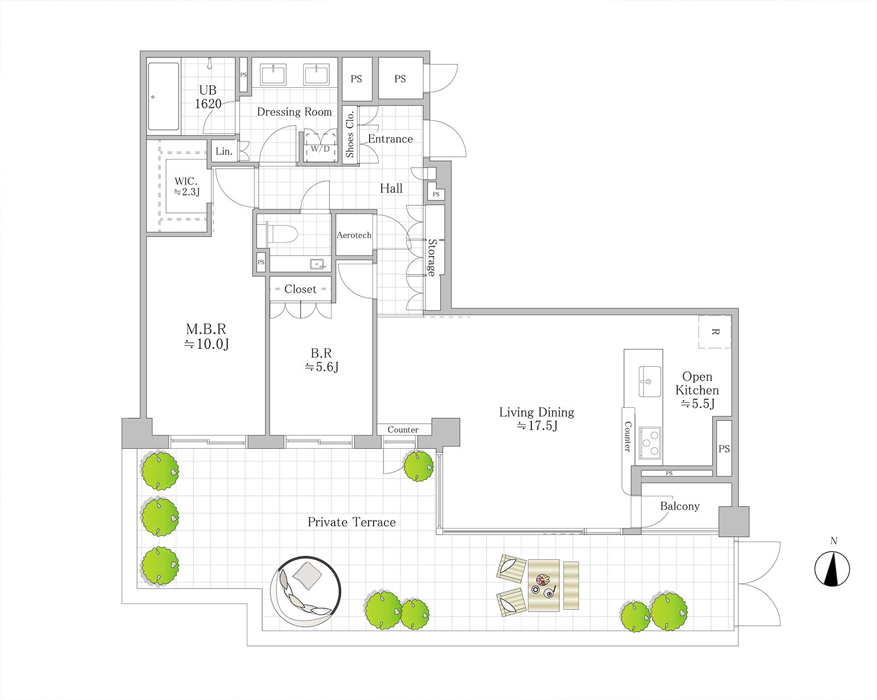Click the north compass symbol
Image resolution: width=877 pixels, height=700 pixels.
tap(832, 569)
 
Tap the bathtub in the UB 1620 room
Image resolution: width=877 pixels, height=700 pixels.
tap(163, 97)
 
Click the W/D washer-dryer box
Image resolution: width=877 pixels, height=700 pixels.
tap(321, 145)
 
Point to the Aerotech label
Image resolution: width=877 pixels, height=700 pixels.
tap(354, 235)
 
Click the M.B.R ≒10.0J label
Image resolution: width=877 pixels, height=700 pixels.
tap(206, 336)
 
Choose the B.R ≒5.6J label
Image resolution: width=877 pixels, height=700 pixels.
tap(322, 360)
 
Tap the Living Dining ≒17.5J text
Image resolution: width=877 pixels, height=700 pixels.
tap(537, 418)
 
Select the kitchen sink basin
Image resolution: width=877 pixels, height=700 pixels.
tap(650, 381)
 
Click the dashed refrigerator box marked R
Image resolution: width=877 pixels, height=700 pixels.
tap(715, 331)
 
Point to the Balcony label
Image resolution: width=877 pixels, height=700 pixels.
tap(680, 506)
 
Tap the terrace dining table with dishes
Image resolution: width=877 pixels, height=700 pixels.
tap(544, 585)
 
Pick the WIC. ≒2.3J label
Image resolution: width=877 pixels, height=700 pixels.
tap(186, 186)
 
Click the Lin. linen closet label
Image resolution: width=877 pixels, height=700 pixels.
tap(224, 152)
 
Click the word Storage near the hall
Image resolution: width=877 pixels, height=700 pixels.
tap(431, 258)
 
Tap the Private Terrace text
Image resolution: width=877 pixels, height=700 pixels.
tap(351, 522)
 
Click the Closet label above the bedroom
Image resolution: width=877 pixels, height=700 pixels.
tap(300, 289)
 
